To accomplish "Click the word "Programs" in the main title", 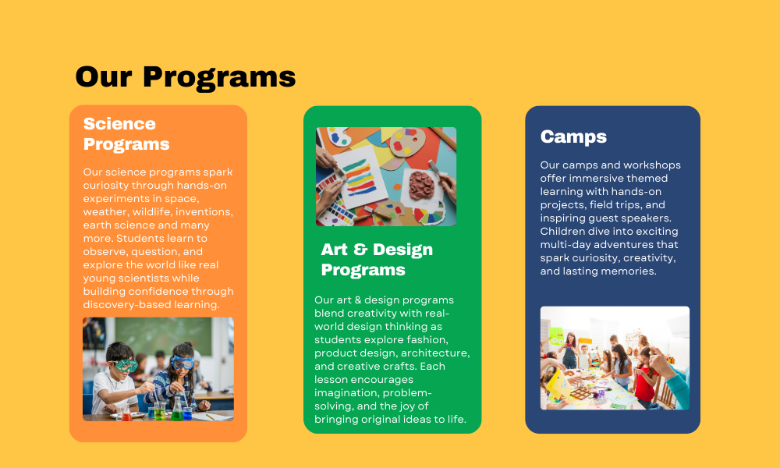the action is tap(219, 78).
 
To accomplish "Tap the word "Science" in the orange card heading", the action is tap(119, 124).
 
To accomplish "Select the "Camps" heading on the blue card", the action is tap(573, 136).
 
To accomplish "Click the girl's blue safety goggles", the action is tap(182, 362).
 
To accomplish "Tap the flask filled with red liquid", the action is tap(127, 413).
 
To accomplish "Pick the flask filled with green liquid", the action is tap(177, 410).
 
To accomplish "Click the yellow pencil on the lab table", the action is tap(210, 417).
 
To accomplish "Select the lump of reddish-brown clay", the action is tap(421, 186).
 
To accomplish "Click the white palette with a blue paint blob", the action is tap(339, 136).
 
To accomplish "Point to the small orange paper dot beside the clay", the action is tap(398, 187).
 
